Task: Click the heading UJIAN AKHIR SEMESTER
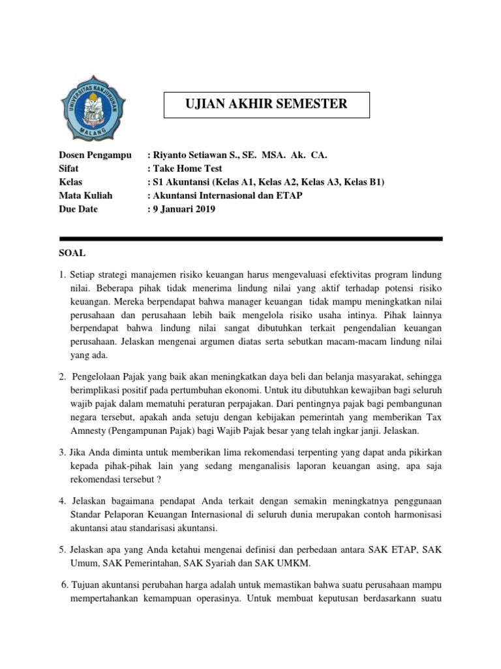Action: [266, 104]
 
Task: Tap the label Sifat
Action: [70, 169]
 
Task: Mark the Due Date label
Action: [80, 209]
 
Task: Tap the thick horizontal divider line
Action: [250, 238]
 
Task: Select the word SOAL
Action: [72, 252]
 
